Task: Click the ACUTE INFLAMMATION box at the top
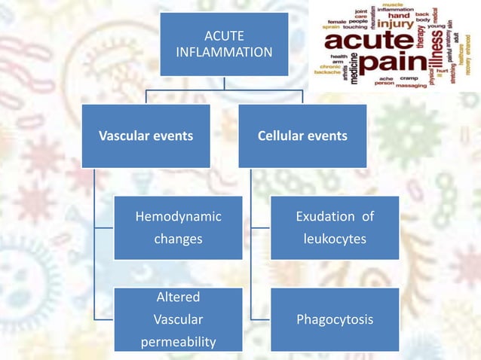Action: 224,44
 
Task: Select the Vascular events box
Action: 146,136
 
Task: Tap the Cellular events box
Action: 302,136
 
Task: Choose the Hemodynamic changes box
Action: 178,227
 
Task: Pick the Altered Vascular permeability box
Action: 178,319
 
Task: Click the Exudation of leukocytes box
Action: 335,227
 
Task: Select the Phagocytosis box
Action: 335,319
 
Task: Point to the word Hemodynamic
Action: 178,217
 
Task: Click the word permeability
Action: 178,342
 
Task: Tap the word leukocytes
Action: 335,239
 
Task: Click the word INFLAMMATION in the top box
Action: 224,53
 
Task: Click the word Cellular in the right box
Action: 281,136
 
